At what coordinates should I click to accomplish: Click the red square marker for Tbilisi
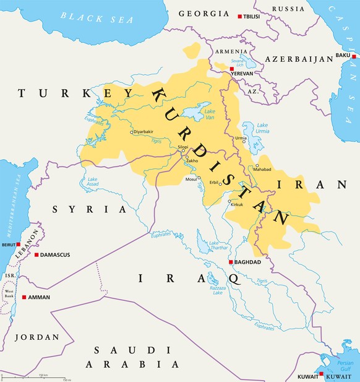(x=241, y=16)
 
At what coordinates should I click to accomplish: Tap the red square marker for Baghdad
(x=231, y=263)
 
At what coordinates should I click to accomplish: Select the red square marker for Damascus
(x=36, y=254)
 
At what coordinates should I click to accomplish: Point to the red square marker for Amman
(x=24, y=298)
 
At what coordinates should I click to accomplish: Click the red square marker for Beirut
(x=19, y=245)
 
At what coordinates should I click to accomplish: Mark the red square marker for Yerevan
(x=232, y=69)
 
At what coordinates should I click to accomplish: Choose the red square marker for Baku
(x=354, y=56)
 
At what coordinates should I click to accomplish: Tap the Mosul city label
(x=191, y=180)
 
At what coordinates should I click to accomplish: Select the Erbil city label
(x=215, y=183)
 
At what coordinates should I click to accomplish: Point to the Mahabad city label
(x=263, y=169)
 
